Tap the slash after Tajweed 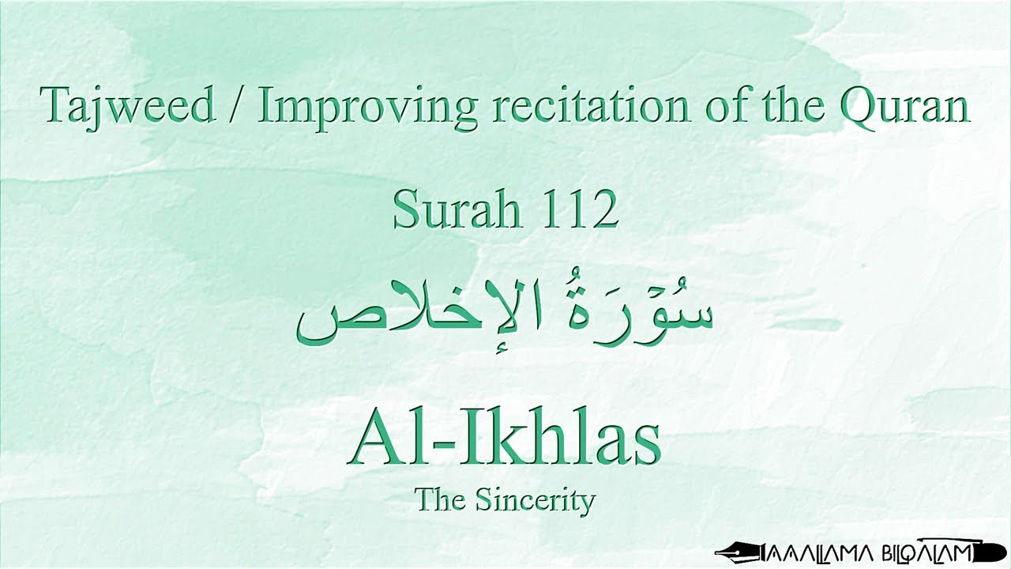pos(236,105)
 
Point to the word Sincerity pos(536,500)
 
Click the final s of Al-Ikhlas pos(645,446)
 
